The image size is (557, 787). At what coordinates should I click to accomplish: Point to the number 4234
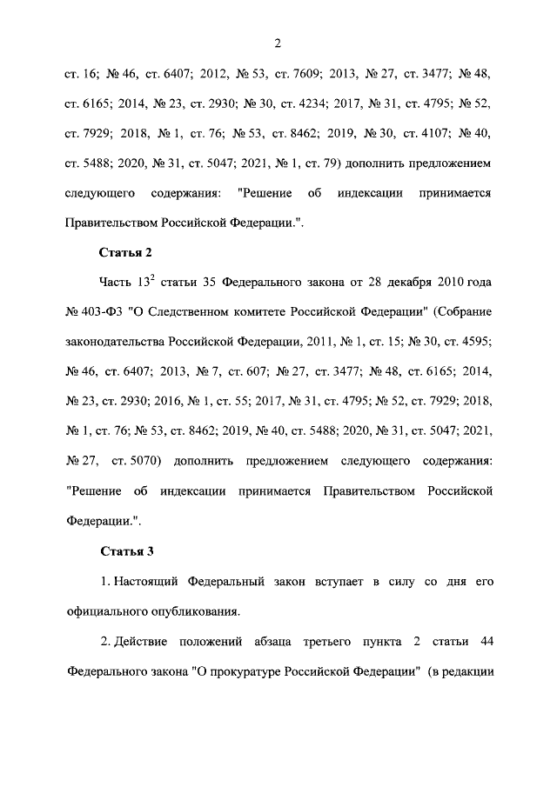310,103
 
